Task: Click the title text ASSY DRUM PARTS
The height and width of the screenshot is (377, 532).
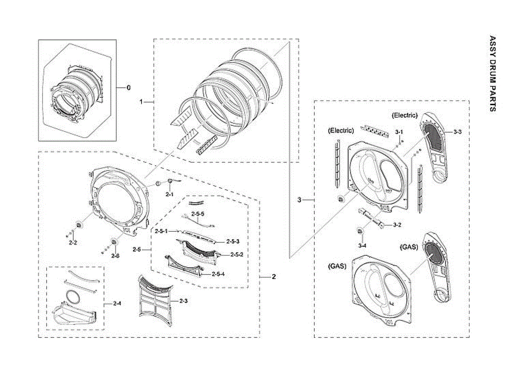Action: [492, 73]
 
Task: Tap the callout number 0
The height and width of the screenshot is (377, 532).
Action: [129, 88]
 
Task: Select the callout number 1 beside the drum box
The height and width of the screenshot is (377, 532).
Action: [141, 102]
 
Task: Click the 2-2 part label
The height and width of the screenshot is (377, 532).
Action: [73, 243]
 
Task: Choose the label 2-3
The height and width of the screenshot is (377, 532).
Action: [184, 301]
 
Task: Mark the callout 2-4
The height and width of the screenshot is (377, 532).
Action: [117, 303]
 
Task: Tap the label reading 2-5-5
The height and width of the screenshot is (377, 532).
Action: [198, 214]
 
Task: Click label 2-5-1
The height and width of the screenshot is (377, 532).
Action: [161, 231]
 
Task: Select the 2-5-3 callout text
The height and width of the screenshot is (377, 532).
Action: [233, 241]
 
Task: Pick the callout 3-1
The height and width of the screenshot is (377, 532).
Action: [399, 132]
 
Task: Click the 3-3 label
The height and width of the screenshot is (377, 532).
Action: [458, 132]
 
